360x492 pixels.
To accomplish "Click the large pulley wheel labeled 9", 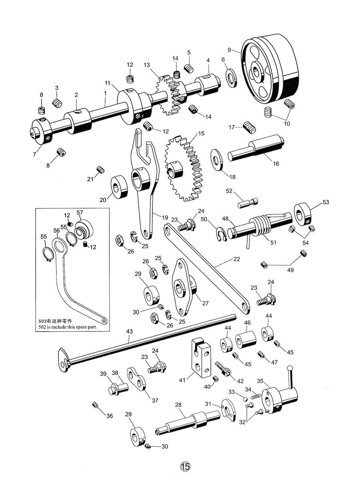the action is pos(270,70).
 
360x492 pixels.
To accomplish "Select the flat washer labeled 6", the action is pos(232,78).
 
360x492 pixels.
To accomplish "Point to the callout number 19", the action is pos(165,218).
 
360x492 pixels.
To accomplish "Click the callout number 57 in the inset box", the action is pos(80,212).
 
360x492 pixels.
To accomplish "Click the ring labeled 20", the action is pos(120,187).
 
